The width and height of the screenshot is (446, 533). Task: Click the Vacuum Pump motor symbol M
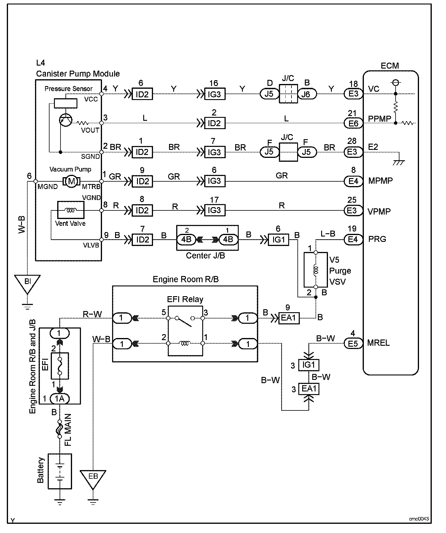tap(71, 181)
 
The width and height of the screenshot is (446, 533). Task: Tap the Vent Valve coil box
tap(70, 210)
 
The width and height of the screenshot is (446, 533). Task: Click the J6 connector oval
tap(307, 94)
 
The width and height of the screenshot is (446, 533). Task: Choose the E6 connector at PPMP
tap(353, 123)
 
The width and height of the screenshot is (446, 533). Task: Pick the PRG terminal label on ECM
tap(377, 239)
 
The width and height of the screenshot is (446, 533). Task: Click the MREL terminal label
tap(378, 343)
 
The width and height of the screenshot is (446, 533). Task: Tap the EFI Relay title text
tap(185, 299)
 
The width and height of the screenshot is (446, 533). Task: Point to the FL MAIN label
tap(68, 430)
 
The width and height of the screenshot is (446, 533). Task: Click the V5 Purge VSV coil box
tap(316, 270)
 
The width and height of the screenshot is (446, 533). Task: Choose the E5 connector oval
tap(353, 343)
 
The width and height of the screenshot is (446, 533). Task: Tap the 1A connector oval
tap(60, 399)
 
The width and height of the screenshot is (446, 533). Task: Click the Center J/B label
tap(205, 256)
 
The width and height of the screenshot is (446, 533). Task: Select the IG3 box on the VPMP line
tap(215, 210)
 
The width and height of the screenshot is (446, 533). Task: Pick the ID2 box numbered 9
tap(142, 181)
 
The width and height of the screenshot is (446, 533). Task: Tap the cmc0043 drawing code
tap(419, 518)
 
